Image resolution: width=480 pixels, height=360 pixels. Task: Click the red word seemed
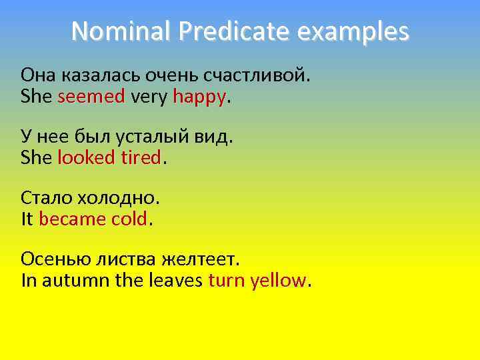click(91, 97)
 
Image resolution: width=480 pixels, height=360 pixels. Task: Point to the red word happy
click(199, 98)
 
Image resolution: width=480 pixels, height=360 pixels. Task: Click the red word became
click(73, 219)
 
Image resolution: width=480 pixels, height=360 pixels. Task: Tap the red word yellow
click(278, 280)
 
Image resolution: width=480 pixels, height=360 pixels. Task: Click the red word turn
click(227, 280)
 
